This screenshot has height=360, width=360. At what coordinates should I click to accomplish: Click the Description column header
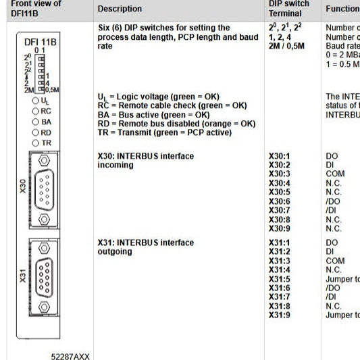[x=120, y=9]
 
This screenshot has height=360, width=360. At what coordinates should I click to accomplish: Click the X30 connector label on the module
[x=22, y=186]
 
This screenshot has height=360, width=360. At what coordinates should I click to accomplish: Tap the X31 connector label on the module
[x=22, y=276]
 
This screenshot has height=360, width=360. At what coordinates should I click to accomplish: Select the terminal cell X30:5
[x=279, y=192]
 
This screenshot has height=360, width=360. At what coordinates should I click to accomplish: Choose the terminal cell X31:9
[x=279, y=315]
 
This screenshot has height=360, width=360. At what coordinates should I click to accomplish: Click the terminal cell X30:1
[x=279, y=156]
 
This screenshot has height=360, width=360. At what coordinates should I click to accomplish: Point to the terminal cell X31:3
[x=279, y=261]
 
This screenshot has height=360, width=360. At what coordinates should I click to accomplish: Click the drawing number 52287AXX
[x=70, y=355]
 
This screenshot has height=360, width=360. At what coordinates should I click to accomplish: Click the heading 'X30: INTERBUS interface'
[x=145, y=156]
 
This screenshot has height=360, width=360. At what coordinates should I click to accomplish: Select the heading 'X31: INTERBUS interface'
[x=145, y=242]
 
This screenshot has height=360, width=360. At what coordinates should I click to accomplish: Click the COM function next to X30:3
[x=334, y=174]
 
